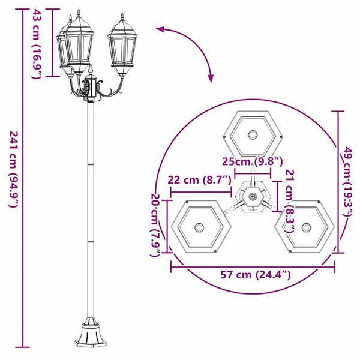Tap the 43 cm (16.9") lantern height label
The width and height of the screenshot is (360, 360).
(37, 44)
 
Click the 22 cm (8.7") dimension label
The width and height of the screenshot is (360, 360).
(199, 179)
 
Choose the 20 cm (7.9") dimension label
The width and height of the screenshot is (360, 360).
(156, 225)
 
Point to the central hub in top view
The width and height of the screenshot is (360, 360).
(253, 197)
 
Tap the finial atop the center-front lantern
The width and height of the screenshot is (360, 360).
(78, 14)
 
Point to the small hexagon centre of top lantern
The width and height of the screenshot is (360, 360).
(253, 134)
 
